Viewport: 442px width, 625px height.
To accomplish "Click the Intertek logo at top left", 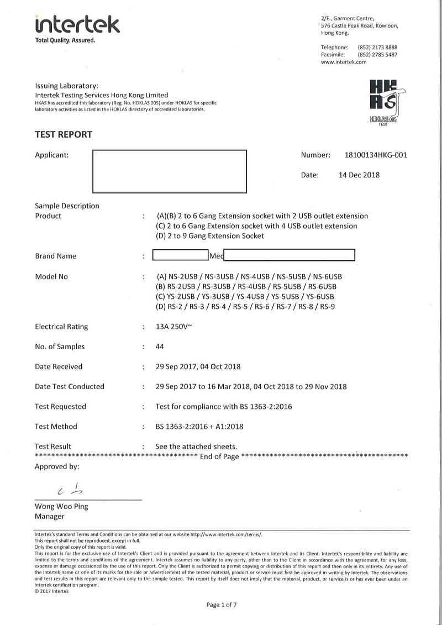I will click(77, 25).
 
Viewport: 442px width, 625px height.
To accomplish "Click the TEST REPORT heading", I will click(64, 134).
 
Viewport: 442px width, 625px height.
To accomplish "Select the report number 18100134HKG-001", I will click(375, 155).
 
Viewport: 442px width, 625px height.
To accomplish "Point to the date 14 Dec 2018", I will click(359, 175).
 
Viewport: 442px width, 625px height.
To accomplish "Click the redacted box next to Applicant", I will click(169, 171).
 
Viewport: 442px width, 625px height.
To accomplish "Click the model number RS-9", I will click(328, 306).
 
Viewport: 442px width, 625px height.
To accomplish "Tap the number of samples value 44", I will click(160, 346).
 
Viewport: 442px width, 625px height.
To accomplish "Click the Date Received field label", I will click(59, 366).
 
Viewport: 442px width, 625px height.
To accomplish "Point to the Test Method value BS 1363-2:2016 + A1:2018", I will click(200, 427).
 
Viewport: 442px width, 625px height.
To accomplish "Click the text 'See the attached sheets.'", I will click(196, 447).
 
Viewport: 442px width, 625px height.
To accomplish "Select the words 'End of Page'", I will click(219, 456).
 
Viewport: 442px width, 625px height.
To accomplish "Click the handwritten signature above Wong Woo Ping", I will click(72, 489).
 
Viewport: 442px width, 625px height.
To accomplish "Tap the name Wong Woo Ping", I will click(61, 506).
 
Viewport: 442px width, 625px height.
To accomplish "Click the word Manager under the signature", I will click(50, 516).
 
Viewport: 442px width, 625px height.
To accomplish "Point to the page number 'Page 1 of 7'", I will click(222, 605).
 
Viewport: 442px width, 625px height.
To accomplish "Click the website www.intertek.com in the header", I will click(344, 62).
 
